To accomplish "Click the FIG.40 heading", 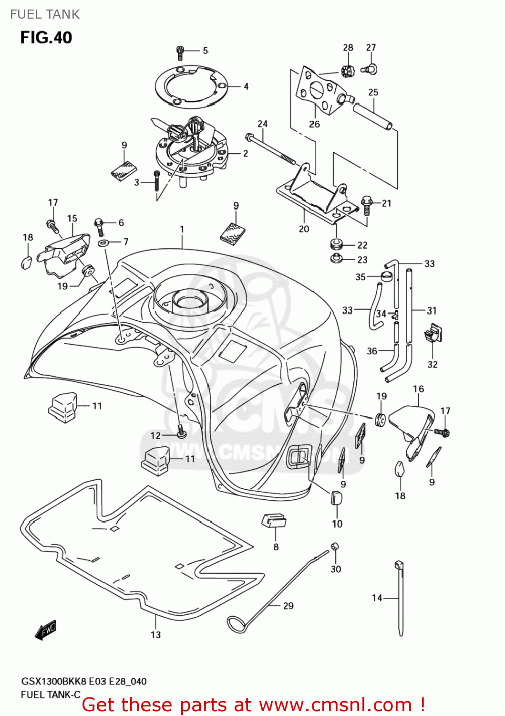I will coord(46,37).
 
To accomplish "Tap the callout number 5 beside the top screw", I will coord(206,51).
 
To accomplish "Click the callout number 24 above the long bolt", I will coord(263,124).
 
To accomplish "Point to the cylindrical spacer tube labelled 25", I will coord(374,115).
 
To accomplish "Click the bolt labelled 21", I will coord(366,204).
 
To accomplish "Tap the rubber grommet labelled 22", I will coord(337,245).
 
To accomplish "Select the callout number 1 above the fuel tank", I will coord(182,230).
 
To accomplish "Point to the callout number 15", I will coord(72,219).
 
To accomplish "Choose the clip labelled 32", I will coord(433,333).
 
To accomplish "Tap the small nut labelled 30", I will coord(335,546).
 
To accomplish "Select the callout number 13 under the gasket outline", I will coord(156,635).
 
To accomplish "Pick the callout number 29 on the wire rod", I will coord(289,606).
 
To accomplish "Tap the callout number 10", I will coord(337,524).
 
